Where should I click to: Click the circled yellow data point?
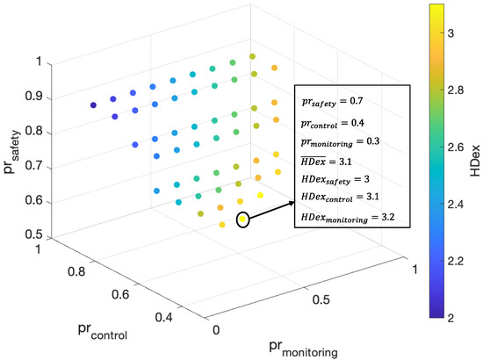pyautogui.click(x=243, y=220)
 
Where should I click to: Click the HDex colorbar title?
pyautogui.click(x=472, y=162)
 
